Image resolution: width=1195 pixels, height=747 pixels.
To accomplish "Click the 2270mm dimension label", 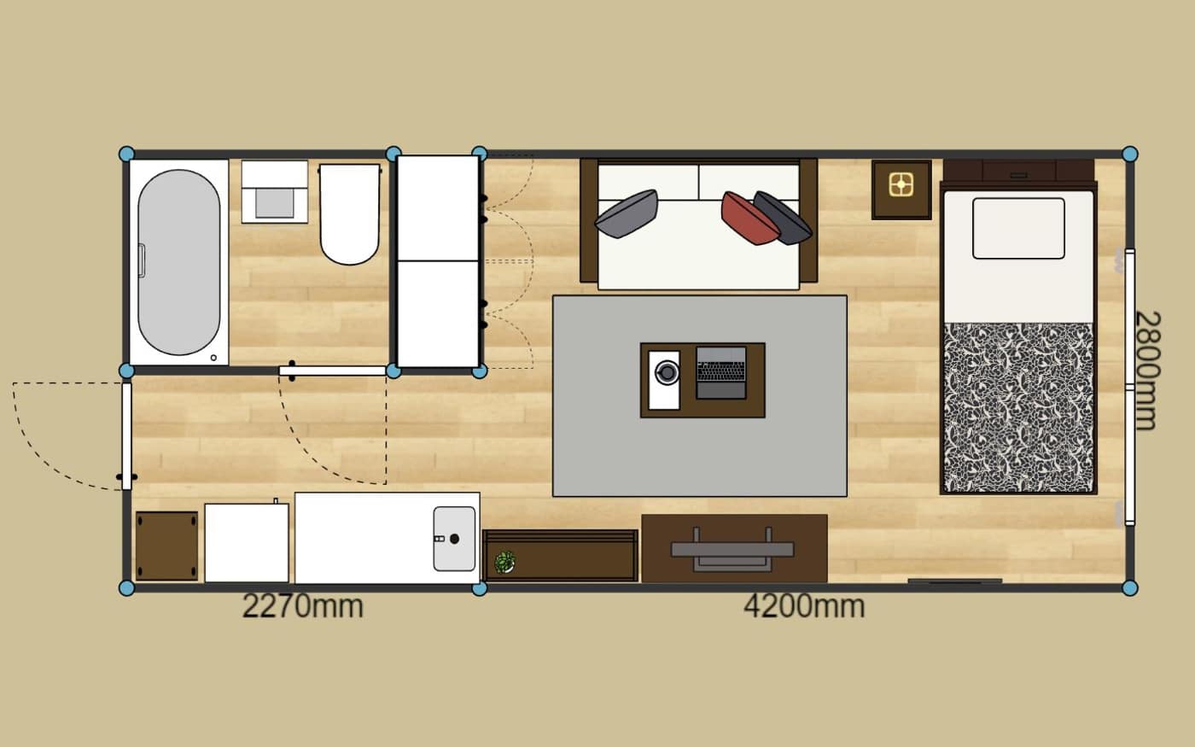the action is click(302, 606).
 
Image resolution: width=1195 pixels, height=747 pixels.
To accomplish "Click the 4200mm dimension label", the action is click(804, 606).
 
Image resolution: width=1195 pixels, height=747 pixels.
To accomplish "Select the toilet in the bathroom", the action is click(350, 214).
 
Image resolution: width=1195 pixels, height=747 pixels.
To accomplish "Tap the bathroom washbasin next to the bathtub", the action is click(274, 191).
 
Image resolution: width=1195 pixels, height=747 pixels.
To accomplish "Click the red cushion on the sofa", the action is click(749, 219).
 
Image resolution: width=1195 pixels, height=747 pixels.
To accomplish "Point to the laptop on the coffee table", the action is click(721, 372).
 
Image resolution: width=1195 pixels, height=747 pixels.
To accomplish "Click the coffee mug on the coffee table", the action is click(667, 372).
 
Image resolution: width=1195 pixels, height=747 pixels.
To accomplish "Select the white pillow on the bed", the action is click(1018, 229).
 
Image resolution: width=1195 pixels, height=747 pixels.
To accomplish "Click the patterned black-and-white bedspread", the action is click(1018, 408).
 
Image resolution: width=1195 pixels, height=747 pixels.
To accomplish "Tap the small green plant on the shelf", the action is click(504, 563).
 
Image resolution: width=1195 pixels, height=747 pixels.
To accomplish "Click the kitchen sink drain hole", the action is click(454, 539).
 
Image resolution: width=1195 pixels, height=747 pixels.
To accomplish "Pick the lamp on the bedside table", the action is click(901, 184).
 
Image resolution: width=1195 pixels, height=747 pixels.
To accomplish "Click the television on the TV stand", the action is click(732, 550).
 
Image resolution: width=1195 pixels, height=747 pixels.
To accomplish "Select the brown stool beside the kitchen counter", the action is click(167, 546).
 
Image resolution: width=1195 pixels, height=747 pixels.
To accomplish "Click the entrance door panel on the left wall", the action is click(126, 436).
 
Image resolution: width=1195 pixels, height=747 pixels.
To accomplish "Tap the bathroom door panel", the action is click(332, 371).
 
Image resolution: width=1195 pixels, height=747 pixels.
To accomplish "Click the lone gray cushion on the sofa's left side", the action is click(627, 214).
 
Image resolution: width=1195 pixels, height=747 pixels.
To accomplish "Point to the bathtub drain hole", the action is click(214, 358).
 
